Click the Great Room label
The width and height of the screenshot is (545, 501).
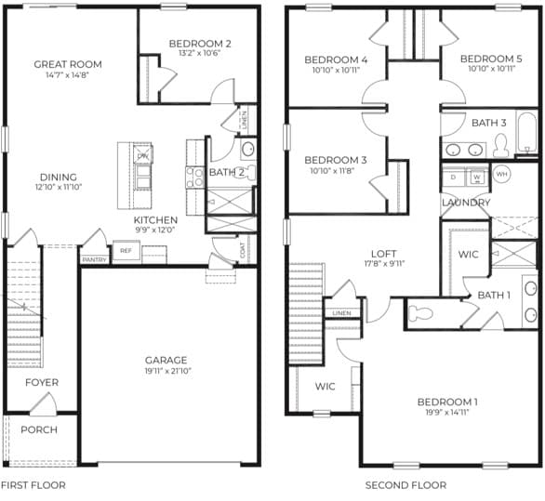point(68,64)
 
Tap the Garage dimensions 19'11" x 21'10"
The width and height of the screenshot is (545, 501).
point(166,371)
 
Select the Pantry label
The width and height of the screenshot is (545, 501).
point(94,259)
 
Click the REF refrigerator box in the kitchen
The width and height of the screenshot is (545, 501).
point(126,250)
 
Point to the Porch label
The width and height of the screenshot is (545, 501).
point(39,429)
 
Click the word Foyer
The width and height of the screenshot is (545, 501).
point(42,382)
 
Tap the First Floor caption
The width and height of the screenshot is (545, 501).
point(33,485)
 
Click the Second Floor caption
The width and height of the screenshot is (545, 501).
point(405,485)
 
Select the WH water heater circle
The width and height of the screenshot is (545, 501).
point(501,174)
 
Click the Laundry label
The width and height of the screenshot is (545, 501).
point(466,203)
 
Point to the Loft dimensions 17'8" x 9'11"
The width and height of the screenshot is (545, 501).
point(383,263)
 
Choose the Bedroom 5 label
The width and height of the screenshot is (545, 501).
point(491,59)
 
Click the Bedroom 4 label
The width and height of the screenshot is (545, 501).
point(336,60)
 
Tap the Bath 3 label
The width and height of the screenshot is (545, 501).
point(488,123)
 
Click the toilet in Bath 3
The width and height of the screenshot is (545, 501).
point(500,144)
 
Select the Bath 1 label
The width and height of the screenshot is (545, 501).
point(494,295)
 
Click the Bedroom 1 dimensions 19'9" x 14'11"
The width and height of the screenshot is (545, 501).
point(447,412)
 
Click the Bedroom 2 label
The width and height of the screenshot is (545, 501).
point(200,43)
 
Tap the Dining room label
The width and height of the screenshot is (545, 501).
point(58,178)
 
